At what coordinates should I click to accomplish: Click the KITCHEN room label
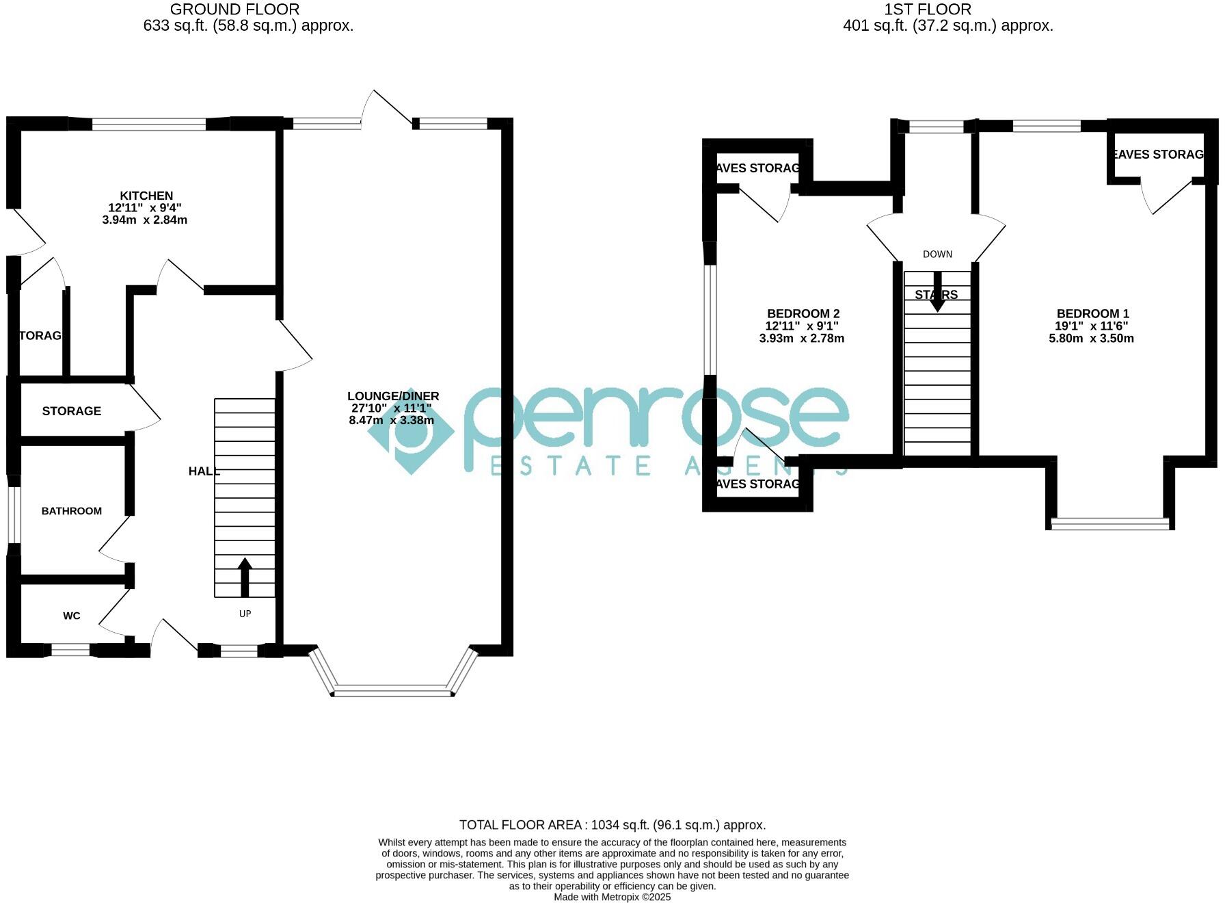[146, 196]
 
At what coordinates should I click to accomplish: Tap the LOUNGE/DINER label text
[393, 396]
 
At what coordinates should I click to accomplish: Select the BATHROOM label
[72, 511]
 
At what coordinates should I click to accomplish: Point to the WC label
[72, 616]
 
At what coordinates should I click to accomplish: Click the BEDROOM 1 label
[1092, 314]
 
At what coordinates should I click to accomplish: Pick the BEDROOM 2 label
[803, 314]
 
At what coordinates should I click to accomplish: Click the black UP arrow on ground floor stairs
[245, 577]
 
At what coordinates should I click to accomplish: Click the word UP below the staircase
[245, 614]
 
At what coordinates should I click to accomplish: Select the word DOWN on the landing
[937, 254]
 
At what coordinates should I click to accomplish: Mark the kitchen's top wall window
[148, 125]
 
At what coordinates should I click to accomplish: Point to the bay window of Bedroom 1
[1109, 523]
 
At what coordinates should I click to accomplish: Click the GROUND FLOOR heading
[234, 10]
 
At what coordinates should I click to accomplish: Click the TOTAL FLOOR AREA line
[612, 825]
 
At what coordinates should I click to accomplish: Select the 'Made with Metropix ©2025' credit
[612, 897]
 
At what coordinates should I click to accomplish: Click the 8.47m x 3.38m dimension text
[391, 420]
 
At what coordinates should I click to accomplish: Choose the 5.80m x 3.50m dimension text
[1091, 338]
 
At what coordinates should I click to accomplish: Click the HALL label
[204, 471]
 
